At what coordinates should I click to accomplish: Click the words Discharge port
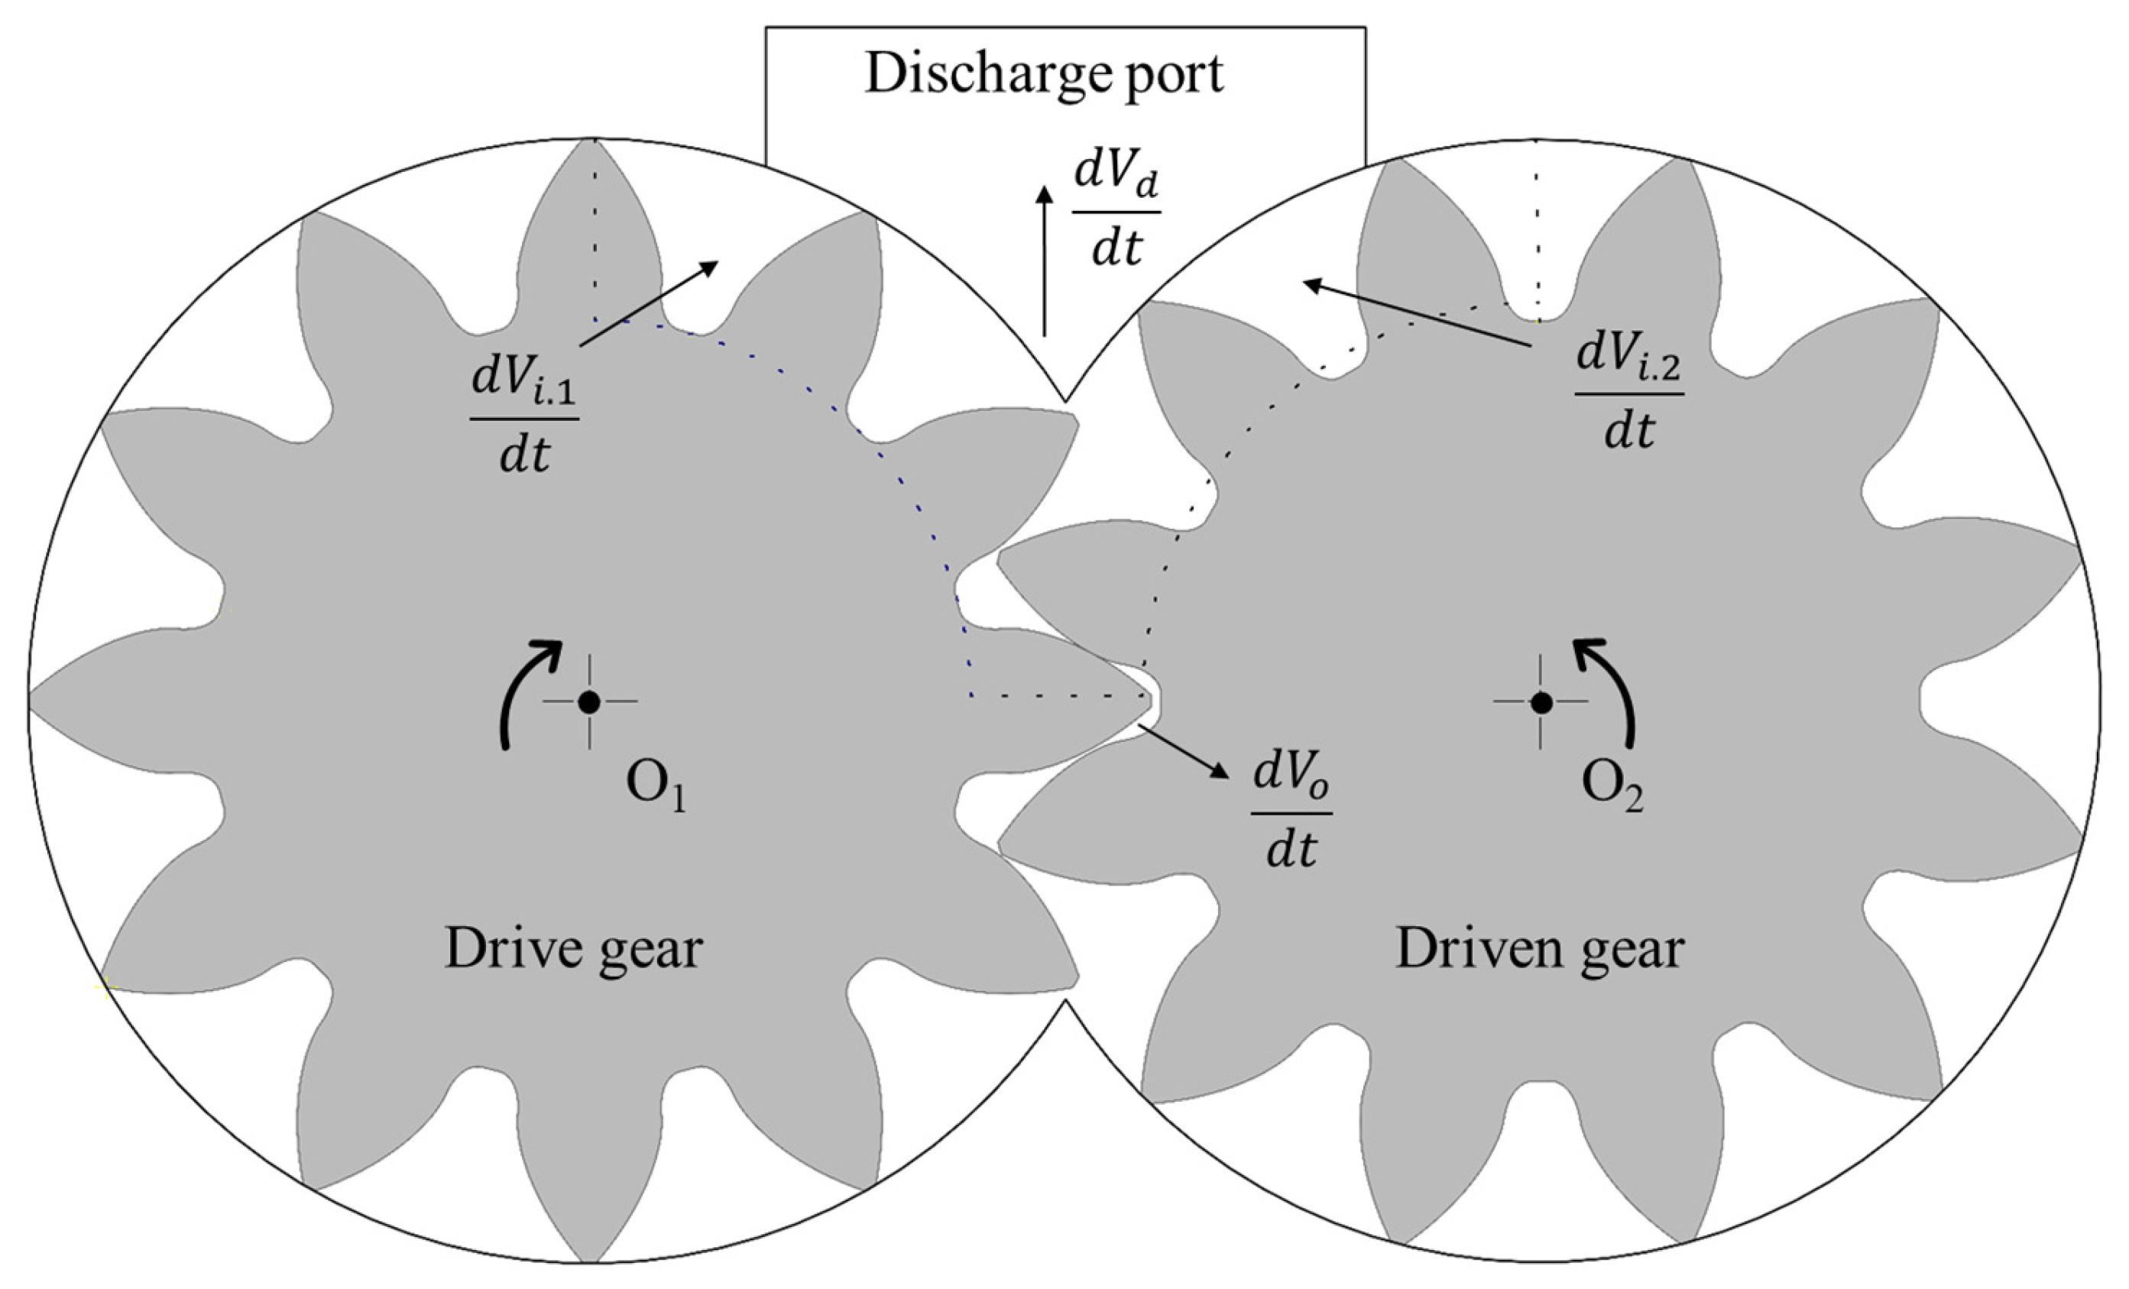[1044, 75]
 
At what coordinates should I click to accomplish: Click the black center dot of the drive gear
[589, 702]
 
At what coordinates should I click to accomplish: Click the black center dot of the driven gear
[1541, 702]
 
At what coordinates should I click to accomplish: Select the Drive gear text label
[573, 950]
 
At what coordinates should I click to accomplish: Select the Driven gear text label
[1540, 950]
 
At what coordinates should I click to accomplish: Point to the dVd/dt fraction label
[1116, 212]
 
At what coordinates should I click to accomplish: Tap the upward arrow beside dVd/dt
[1045, 259]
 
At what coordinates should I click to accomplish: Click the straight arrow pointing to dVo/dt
[1184, 751]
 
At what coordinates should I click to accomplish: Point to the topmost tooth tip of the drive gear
[595, 141]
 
